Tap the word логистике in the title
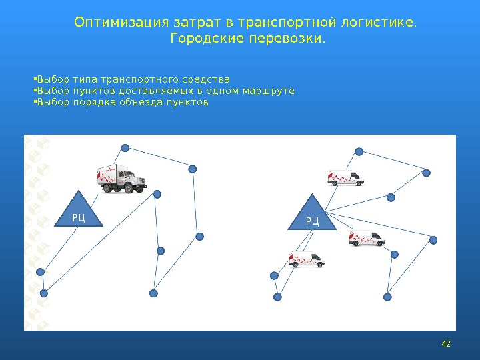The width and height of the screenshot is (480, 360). pyautogui.click(x=377, y=23)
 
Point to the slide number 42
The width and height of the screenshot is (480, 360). pyautogui.click(x=446, y=343)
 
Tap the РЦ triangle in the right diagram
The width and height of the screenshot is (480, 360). pyautogui.click(x=312, y=215)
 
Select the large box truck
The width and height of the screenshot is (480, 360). pyautogui.click(x=121, y=179)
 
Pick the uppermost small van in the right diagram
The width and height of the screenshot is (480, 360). pyautogui.click(x=345, y=177)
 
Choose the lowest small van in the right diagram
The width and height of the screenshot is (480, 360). pyautogui.click(x=307, y=259)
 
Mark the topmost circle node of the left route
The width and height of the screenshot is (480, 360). pyautogui.click(x=124, y=148)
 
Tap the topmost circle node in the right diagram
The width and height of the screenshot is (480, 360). pyautogui.click(x=359, y=151)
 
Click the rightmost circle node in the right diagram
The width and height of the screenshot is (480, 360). pyautogui.click(x=434, y=239)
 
